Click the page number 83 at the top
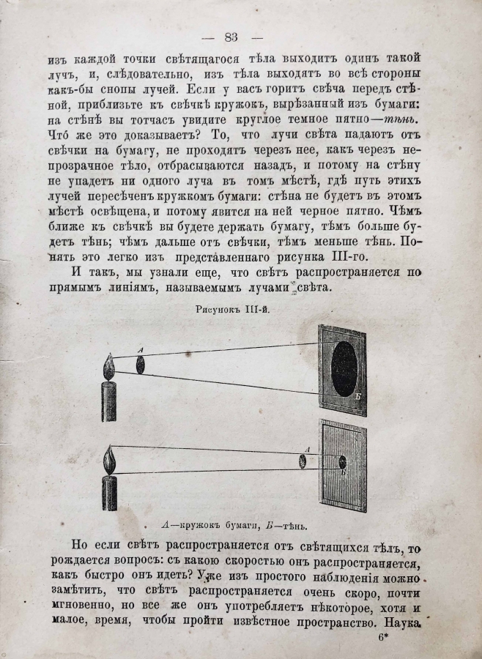[231, 37]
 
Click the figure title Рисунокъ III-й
[232, 311]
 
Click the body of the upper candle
[110, 403]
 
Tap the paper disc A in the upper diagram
[139, 364]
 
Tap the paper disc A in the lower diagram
[302, 460]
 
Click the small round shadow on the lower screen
[343, 461]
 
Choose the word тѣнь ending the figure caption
[292, 524]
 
